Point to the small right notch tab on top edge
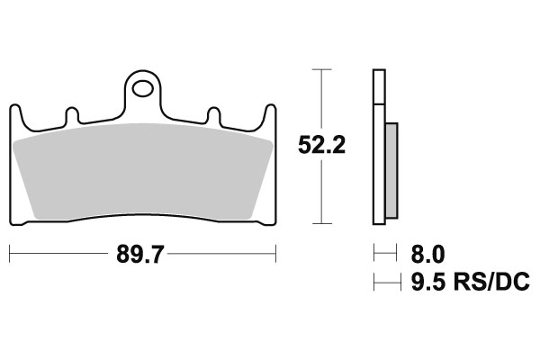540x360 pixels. point(215,116)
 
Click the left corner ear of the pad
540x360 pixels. point(15,112)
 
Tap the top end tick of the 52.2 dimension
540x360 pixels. point(321,68)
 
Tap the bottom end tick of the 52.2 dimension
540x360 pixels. point(321,222)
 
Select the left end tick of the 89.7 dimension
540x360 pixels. point(10,256)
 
